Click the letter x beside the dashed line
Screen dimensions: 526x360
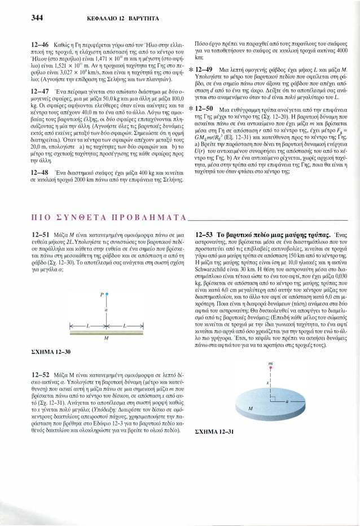pyautogui.click(x=266, y=382)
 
